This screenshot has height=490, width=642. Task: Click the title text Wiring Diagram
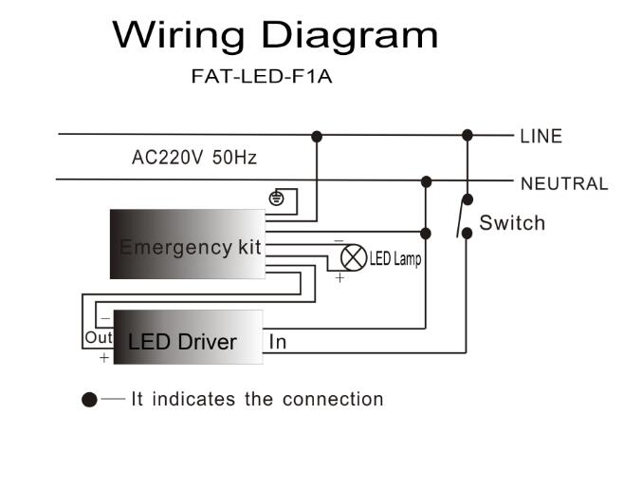[x=275, y=36]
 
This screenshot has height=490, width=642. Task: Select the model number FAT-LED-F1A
[x=262, y=77]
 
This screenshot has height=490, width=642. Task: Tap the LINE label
[x=541, y=136]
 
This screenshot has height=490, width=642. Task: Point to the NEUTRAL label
[x=563, y=184]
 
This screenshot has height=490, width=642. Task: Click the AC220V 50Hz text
[x=193, y=158]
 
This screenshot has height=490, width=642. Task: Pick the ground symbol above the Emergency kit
[x=277, y=198]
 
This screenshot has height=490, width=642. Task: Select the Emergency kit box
[x=188, y=245]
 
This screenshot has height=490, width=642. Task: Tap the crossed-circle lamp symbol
[x=353, y=257]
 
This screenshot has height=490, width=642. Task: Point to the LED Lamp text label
[x=395, y=259]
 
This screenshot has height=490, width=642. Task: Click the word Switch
[x=512, y=223]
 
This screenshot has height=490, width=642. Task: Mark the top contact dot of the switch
[x=466, y=200]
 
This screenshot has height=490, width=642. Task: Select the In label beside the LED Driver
[x=278, y=342]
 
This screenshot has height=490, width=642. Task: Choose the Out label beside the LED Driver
[x=98, y=337]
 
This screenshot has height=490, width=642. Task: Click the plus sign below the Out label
[x=103, y=358]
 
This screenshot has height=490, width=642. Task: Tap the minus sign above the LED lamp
[x=339, y=241]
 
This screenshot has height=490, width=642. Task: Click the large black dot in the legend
[x=89, y=400]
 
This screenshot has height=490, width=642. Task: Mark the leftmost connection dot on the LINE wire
[x=317, y=137]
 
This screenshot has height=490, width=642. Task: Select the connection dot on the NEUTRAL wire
[x=427, y=180]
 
